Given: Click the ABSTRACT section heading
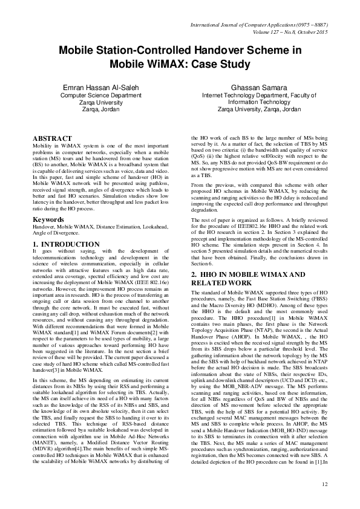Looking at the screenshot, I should [52, 138].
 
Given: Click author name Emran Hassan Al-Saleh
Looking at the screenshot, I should [101, 88].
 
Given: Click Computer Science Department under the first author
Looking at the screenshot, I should [101, 96].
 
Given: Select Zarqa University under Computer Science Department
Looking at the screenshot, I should [101, 102].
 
